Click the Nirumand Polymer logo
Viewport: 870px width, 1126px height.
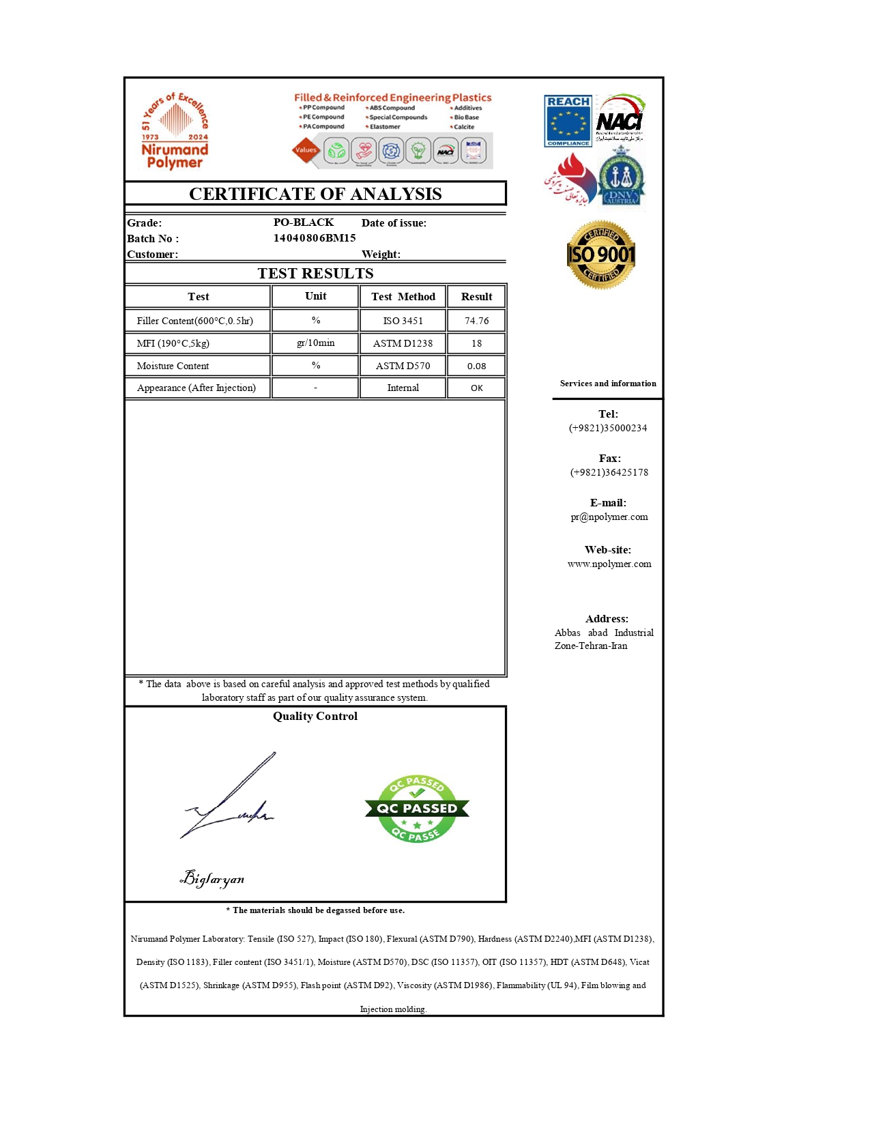[x=175, y=131]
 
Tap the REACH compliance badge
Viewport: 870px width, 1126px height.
[x=568, y=121]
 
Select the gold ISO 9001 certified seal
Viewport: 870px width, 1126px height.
[x=601, y=255]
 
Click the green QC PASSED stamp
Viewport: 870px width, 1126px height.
[x=417, y=809]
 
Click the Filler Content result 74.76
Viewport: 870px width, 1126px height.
[x=476, y=321]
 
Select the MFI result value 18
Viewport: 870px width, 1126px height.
[x=476, y=343]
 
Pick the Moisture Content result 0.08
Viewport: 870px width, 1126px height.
[x=476, y=366]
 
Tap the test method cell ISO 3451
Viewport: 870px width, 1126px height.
[x=403, y=321]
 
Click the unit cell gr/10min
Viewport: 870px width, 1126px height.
[x=315, y=343]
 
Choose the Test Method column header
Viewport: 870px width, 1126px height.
[x=403, y=296]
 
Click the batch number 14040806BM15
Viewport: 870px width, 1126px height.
[x=315, y=238]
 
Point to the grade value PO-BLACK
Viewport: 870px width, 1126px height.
[x=304, y=222]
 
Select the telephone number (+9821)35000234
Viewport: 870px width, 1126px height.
[x=608, y=428]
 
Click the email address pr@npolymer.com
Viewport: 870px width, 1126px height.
[x=609, y=517]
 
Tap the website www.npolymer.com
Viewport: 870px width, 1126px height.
[x=609, y=564]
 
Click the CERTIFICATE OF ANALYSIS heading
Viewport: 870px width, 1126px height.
[x=315, y=194]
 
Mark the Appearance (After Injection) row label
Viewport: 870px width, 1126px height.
[x=197, y=388]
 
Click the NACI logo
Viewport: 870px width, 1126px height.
[x=620, y=118]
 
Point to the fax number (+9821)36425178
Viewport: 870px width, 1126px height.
[x=609, y=472]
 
